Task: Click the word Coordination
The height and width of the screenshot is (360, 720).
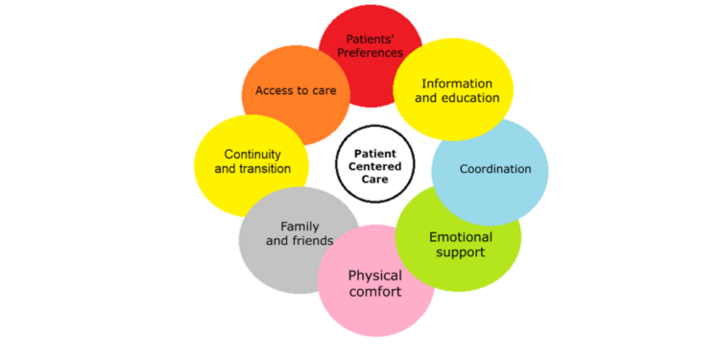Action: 495,169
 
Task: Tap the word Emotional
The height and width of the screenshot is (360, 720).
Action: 461,237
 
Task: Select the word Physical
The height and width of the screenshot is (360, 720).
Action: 375,276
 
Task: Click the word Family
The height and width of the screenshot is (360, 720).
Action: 300,227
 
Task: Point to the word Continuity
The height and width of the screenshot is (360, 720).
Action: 252,154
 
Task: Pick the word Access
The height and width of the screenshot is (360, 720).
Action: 274,91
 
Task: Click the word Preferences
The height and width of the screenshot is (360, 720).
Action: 370,53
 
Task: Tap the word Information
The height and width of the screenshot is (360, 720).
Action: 457,84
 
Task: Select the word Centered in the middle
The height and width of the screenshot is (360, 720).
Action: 376,166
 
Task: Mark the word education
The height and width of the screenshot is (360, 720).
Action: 470,98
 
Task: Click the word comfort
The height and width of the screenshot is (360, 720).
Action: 375,292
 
